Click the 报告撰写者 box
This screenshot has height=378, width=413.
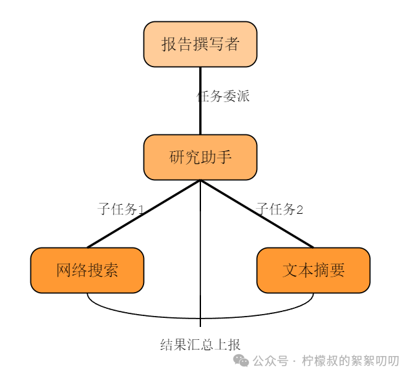click(x=200, y=44)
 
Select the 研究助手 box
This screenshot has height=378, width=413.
click(x=200, y=157)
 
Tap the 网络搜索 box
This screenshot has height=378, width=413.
click(x=87, y=270)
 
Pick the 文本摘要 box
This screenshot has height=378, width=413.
click(x=313, y=270)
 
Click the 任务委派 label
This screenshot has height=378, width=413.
click(x=223, y=97)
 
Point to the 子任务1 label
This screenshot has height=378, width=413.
click(x=120, y=209)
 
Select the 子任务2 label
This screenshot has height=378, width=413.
click(x=280, y=209)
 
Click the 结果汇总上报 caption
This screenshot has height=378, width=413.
click(x=200, y=344)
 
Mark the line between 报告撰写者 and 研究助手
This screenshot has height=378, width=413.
click(x=200, y=116)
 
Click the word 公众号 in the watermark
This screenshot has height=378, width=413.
click(x=270, y=361)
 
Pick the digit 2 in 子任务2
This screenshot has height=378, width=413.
click(x=299, y=209)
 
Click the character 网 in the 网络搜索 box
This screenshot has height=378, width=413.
click(x=64, y=270)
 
